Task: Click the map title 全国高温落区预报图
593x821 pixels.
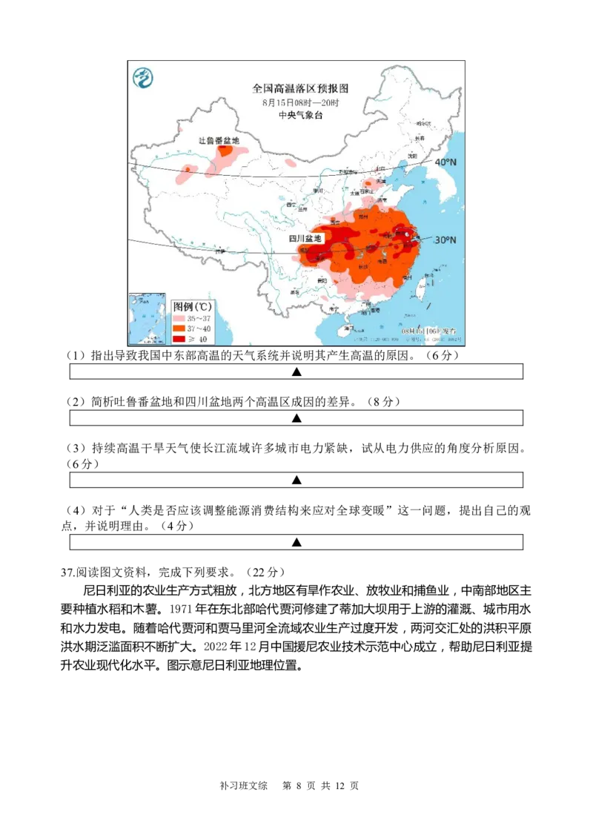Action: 300,88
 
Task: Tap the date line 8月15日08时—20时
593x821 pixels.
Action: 300,102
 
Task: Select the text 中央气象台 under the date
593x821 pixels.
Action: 300,115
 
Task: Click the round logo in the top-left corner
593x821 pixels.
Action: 142,76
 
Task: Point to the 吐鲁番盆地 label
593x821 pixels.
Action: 219,140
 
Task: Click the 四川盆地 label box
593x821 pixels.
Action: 305,238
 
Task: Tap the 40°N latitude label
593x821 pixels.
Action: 445,162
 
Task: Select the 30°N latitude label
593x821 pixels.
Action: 445,240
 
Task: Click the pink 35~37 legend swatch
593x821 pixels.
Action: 179,317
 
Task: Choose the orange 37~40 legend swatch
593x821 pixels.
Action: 179,328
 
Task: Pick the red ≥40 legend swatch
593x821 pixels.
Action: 179,339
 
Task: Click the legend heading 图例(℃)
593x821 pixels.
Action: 192,306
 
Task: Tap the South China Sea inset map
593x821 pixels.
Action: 148,319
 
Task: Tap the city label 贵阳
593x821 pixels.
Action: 321,280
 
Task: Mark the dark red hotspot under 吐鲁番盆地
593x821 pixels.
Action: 224,151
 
